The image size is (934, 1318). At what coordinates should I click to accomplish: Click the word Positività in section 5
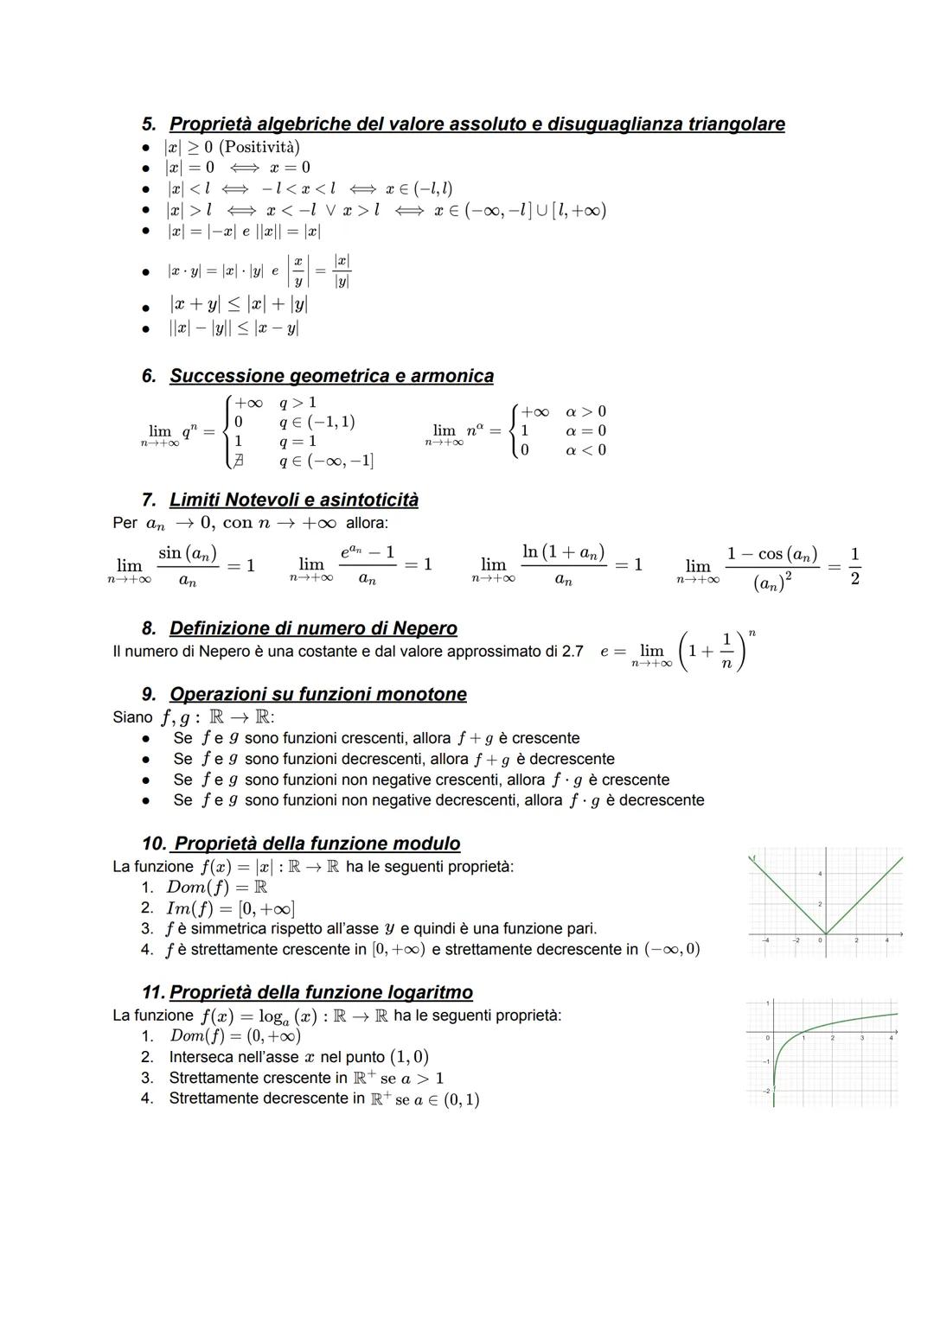coord(259,147)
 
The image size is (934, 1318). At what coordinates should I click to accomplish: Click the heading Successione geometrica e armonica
coord(331,376)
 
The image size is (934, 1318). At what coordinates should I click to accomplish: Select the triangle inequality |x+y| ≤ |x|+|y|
coord(239,304)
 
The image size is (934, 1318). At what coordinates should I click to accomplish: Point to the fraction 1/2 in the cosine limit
coord(854,565)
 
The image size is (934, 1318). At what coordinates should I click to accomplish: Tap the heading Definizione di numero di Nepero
coord(313,628)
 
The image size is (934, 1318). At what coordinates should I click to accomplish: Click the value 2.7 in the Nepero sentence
coord(573,651)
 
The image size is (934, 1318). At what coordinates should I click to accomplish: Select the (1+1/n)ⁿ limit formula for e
coord(692,651)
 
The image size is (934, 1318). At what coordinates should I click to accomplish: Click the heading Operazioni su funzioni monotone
coord(317,694)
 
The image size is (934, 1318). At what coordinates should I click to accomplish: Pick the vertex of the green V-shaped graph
coord(826,933)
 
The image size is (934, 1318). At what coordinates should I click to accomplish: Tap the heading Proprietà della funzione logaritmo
coord(321,992)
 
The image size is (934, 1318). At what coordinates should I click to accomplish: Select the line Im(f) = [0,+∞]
coord(230,908)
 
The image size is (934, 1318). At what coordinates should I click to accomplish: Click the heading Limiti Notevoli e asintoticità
coord(293,500)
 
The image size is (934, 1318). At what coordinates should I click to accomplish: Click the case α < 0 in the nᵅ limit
coord(585,449)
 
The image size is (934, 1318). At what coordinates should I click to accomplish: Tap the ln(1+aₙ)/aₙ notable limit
coord(562,565)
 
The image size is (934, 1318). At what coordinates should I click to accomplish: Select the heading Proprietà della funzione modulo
coord(315,844)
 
